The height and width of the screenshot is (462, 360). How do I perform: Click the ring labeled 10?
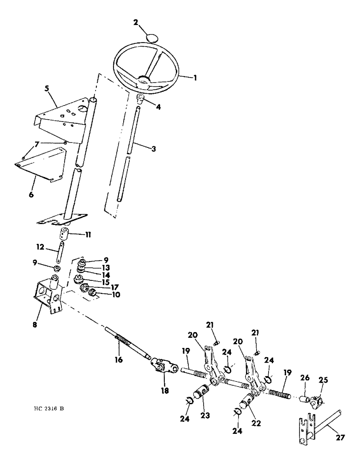(x=91, y=292)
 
